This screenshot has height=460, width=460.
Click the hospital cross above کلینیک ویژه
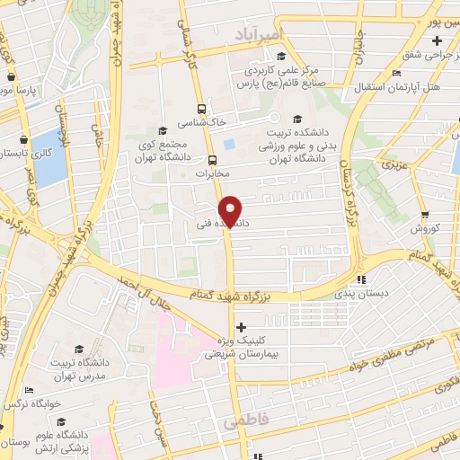(239, 328)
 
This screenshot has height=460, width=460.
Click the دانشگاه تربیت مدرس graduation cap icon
(78, 349)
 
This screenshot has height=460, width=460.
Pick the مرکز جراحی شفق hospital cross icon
(437, 41)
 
